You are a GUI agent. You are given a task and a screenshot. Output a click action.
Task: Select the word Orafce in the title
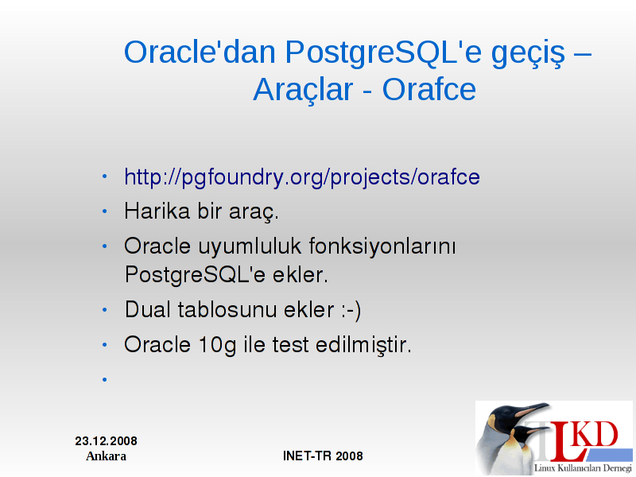429,89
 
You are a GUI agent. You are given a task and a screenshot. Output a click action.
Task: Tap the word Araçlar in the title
303,90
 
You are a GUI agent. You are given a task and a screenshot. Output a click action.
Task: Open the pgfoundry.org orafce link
302,177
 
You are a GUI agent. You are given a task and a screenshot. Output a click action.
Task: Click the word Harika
157,211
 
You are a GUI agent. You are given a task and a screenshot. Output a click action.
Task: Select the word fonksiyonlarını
382,246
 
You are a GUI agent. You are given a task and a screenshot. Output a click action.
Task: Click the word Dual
148,309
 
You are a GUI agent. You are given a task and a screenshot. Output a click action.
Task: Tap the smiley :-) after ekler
351,310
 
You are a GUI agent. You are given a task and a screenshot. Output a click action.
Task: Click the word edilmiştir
363,345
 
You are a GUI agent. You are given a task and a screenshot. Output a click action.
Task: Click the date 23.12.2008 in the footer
107,441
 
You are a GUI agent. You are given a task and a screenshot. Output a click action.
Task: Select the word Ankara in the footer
107,456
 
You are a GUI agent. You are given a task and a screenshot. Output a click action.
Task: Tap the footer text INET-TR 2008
323,456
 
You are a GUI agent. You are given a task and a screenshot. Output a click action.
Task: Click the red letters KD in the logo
596,434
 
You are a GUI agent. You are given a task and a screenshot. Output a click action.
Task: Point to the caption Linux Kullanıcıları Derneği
583,467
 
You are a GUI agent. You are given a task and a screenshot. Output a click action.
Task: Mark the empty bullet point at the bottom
105,380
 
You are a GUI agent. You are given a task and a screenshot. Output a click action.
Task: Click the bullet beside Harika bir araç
105,211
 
